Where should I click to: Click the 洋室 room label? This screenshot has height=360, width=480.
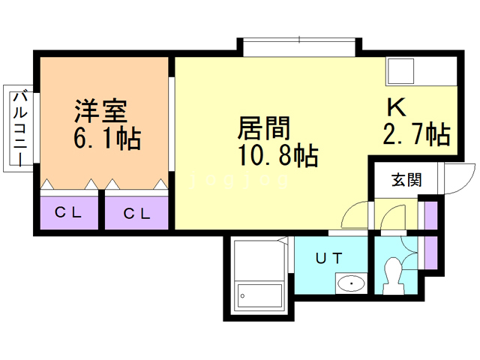coord(101,111)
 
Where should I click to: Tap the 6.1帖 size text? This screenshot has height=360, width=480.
coord(107,138)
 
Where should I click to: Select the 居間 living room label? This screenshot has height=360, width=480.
coord(264,127)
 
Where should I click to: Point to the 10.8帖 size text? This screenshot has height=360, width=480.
coord(278,155)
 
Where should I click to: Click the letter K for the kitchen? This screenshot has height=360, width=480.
coord(397,107)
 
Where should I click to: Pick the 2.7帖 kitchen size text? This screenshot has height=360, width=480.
coord(417,133)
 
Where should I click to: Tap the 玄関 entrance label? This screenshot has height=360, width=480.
coord(406,180)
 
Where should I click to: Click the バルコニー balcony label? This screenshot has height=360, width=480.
coord(20,128)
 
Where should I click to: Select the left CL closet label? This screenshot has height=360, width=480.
coord(68,212)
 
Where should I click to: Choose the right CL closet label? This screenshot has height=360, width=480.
coord(136,213)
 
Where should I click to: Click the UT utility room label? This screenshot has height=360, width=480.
coord(329,259)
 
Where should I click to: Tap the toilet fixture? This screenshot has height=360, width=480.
coord(392,276)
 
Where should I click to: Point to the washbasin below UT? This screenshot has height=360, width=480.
coord(351,283)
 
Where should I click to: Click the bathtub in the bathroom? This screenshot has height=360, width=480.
coord(260,296)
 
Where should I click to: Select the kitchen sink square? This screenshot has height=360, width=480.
coord(400,71)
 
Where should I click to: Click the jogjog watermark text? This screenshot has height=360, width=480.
coord(239,180)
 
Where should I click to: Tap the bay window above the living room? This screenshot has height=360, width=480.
coord(299,47)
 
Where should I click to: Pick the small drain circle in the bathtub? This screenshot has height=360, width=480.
coord(242,296)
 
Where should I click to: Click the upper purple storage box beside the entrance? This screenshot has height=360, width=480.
coord(431,215)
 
